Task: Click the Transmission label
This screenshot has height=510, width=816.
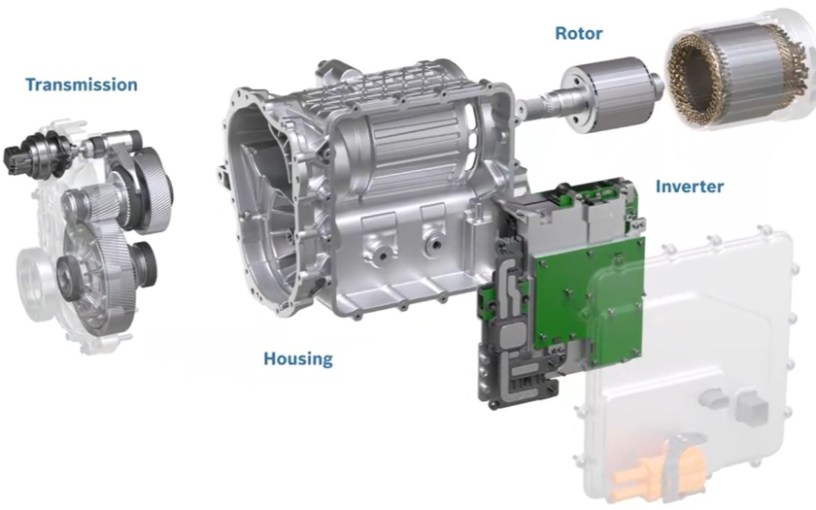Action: point(82,85)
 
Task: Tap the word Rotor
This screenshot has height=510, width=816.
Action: point(579,33)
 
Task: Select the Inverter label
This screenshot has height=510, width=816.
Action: point(689,187)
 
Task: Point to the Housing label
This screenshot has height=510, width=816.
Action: point(297,358)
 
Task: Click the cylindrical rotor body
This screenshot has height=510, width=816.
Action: point(608,94)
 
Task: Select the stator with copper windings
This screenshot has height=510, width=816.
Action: point(739,68)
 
